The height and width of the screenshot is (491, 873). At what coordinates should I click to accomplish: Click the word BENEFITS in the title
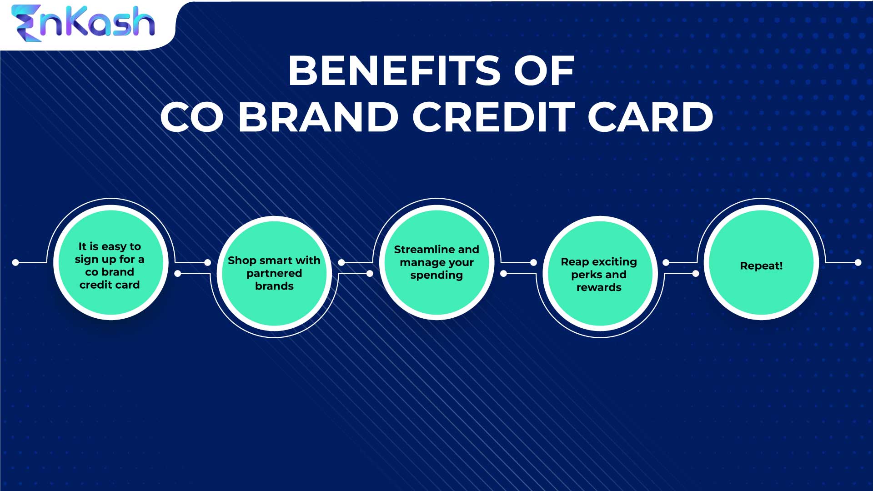point(394,71)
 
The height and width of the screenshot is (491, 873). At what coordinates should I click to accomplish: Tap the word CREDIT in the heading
point(494,117)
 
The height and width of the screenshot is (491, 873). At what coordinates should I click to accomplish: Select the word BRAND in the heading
point(318,117)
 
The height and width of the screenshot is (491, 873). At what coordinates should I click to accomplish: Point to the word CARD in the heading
point(650,117)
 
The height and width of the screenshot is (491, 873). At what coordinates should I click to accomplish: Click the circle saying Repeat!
point(761,266)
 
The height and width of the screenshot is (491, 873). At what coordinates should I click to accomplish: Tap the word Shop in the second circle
point(242,261)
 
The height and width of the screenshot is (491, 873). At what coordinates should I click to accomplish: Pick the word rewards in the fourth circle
point(599,287)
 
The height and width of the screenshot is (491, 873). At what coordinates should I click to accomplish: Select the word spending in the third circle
point(436,276)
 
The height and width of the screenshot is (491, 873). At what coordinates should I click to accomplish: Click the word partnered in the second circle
point(274,273)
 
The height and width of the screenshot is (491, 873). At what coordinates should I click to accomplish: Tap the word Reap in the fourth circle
point(575,262)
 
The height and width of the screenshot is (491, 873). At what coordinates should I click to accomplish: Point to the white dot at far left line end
point(15,262)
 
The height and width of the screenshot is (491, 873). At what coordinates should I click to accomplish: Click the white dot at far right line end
point(858,262)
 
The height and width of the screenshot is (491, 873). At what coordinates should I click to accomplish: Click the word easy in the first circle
point(114,246)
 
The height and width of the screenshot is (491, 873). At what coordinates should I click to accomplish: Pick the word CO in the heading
point(191,117)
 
